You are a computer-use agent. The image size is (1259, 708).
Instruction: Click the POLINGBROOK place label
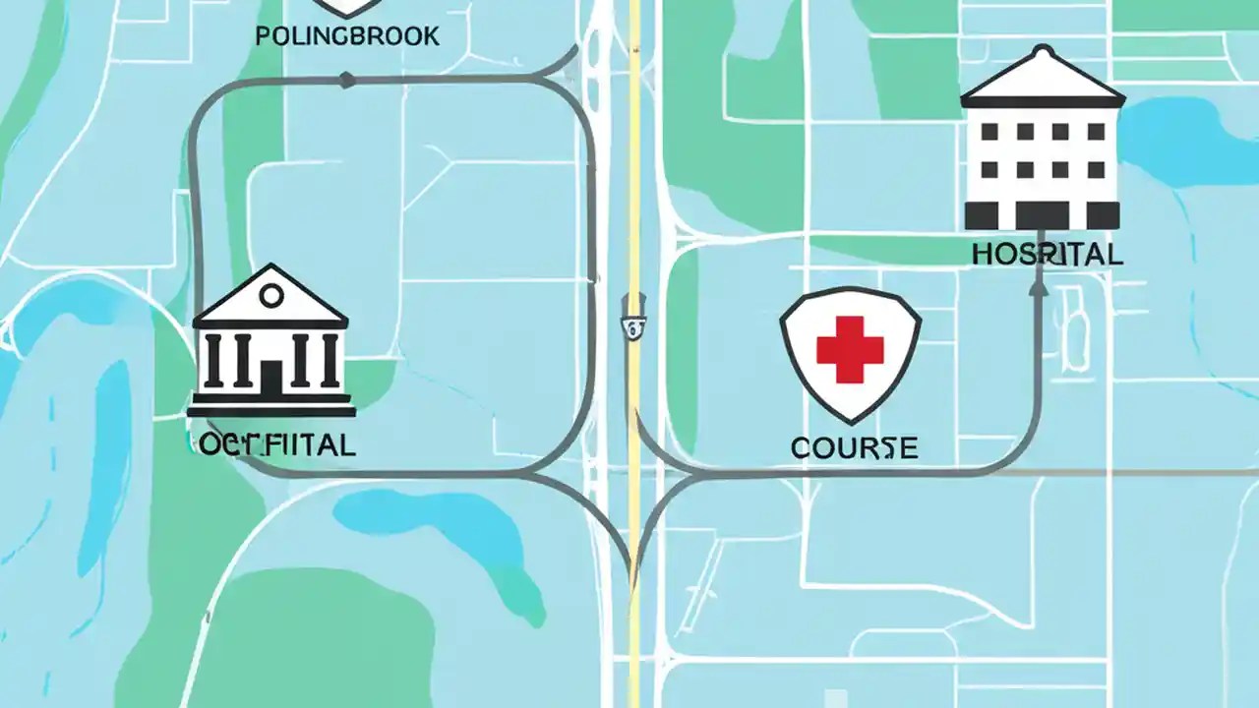pos(346,36)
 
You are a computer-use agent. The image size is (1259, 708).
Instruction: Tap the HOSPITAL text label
pos(1047,254)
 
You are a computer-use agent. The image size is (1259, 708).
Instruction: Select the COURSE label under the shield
pos(854,448)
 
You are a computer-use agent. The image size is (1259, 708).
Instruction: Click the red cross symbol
pos(850,348)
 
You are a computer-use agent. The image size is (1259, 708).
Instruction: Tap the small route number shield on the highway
pos(633,326)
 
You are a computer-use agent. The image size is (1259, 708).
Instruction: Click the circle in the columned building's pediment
pos(271,294)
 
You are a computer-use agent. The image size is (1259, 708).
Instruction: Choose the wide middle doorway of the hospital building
pos(1042,214)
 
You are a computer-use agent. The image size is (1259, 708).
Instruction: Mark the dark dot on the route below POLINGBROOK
pos(346,81)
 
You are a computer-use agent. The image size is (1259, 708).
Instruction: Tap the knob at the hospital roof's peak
pos(1043,49)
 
